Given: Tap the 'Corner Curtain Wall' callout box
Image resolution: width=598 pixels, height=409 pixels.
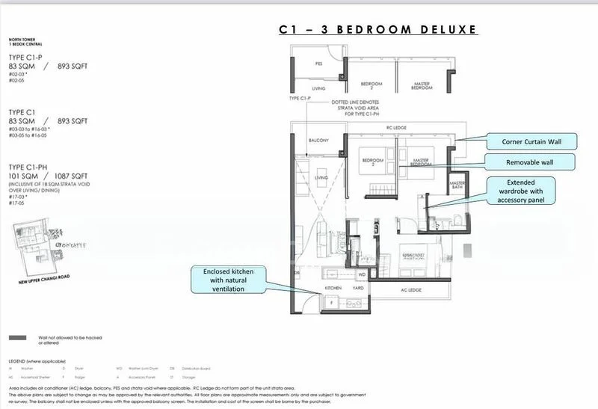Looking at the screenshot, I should (x=530, y=141).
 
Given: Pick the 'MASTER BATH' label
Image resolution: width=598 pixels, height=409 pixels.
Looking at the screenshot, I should (x=457, y=185).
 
